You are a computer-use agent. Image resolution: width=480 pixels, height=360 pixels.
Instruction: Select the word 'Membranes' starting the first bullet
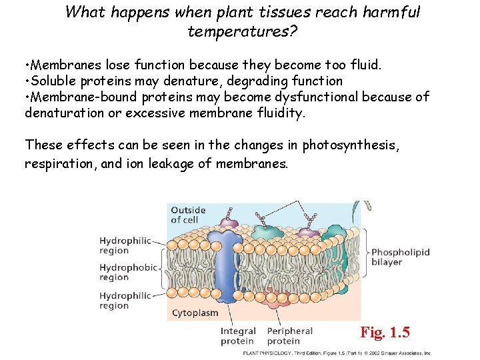pos(64,65)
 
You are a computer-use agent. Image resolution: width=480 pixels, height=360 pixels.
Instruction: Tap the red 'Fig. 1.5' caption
pos(385,332)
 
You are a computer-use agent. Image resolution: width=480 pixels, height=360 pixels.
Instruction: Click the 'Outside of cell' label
pos(189,215)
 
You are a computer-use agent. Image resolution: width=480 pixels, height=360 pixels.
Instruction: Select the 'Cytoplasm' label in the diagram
pos(195,312)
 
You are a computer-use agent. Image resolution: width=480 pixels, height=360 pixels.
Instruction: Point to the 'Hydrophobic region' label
pos(128,272)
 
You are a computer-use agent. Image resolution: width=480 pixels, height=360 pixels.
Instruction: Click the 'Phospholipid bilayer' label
pos(400,257)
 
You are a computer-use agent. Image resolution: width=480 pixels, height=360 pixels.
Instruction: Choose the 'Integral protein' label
pos(238,336)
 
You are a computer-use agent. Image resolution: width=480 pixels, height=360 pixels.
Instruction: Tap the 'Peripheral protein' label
pos(289,336)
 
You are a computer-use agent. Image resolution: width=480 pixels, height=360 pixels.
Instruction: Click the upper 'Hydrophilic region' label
pos(125,245)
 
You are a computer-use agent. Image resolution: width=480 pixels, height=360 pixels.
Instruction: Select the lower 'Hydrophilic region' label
pos(125,301)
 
